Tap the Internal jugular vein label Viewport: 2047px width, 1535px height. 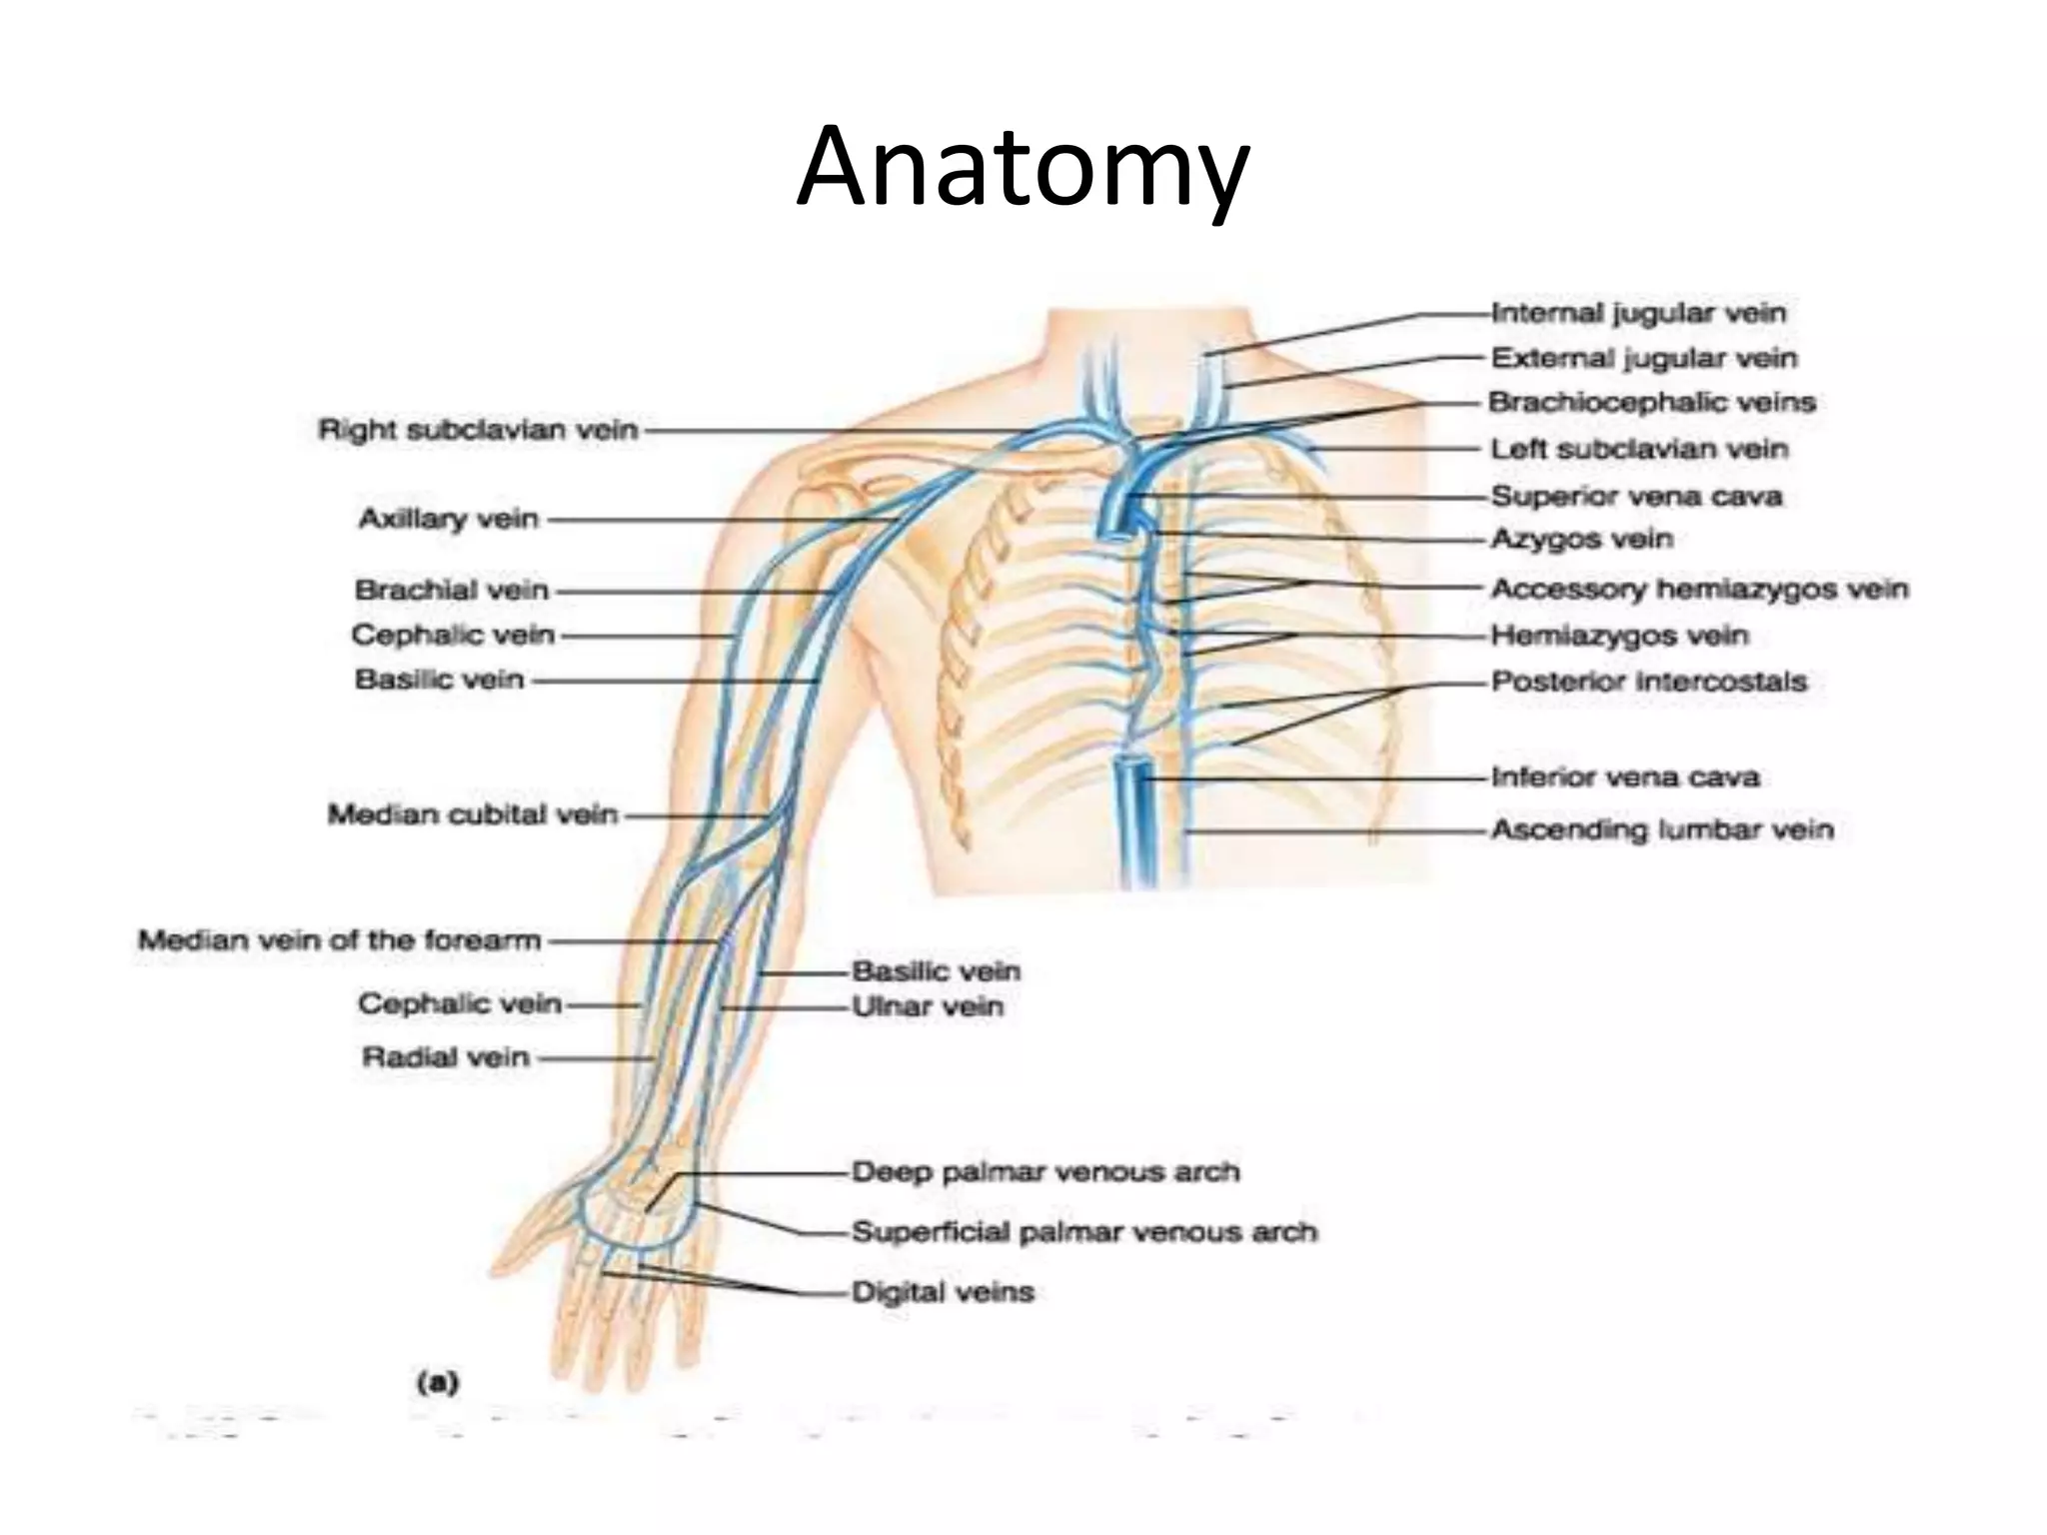(1638, 314)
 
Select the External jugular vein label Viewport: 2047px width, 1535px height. (1644, 358)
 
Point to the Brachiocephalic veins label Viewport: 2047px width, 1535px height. (1651, 403)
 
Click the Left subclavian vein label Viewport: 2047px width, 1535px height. (1639, 450)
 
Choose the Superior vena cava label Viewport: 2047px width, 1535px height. (1636, 497)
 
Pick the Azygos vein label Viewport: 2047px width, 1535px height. (1581, 540)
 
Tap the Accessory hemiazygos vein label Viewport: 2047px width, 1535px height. (1699, 590)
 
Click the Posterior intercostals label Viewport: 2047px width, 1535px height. (1649, 683)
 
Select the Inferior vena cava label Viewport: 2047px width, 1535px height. (1625, 777)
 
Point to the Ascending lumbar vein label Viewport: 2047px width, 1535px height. (1662, 830)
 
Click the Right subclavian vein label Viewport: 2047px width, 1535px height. (478, 431)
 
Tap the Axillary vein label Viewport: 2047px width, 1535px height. (449, 520)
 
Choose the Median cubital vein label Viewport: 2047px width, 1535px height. (473, 815)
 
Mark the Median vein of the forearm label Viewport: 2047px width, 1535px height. (339, 941)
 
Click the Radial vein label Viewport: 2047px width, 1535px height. (446, 1057)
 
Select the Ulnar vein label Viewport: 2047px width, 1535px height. (928, 1006)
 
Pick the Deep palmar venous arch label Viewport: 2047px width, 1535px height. (1045, 1172)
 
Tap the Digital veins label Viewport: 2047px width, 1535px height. (942, 1293)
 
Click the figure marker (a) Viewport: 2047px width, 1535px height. (437, 1383)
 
